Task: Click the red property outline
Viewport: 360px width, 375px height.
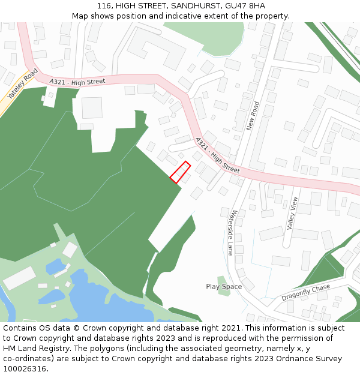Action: [180, 172]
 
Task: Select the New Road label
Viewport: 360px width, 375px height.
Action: [252, 116]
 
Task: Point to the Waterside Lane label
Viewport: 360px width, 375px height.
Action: [232, 232]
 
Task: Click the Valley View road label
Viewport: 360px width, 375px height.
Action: [292, 214]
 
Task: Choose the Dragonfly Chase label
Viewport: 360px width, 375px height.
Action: [306, 292]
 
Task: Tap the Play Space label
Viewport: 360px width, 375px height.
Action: [224, 287]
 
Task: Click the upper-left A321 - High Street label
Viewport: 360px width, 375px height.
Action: [77, 81]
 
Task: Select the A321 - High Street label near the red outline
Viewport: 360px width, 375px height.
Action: [217, 155]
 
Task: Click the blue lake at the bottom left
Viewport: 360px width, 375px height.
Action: [108, 303]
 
